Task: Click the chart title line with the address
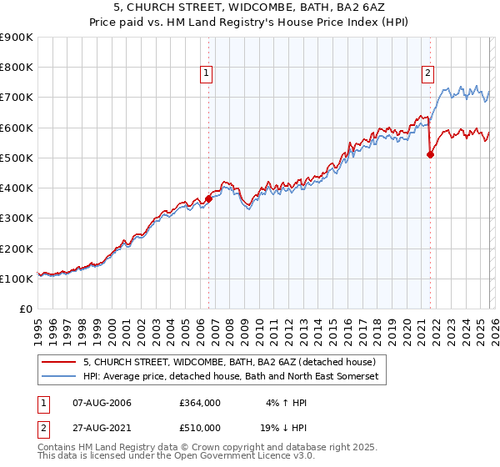(x=250, y=8)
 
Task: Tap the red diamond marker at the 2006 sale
(x=208, y=199)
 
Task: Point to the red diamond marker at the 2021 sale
(x=430, y=154)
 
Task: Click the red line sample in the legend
(x=59, y=363)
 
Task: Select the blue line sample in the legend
(x=59, y=377)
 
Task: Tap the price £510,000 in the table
(x=199, y=428)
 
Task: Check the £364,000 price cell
(x=199, y=403)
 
